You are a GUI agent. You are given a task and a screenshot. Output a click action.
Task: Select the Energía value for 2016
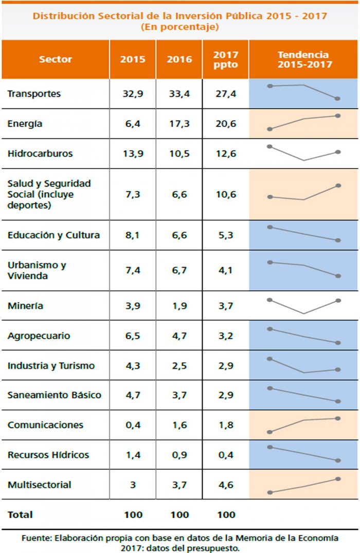pos(179,124)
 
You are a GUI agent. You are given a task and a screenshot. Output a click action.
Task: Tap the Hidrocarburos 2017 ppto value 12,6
pos(224,154)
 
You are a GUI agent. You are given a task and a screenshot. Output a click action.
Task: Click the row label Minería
pos(26,306)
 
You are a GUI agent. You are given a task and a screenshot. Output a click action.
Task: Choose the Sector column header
pos(56,60)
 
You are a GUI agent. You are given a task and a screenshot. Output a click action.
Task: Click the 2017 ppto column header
pos(225,60)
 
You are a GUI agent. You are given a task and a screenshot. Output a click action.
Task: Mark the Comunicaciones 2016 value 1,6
pos(179,425)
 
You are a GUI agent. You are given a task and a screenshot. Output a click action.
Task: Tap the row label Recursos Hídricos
pos(48,455)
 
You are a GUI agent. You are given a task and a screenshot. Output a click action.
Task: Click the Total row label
pos(20,514)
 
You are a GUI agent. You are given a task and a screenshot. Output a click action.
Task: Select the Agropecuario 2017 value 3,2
pos(224,336)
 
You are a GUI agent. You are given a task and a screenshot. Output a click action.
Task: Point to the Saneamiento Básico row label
pos(55,395)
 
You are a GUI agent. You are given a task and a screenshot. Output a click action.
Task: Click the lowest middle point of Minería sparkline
pos(304,314)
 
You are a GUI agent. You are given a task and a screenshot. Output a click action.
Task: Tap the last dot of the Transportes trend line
pos(338,99)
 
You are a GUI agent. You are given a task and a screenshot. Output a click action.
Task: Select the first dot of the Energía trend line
pos(269,129)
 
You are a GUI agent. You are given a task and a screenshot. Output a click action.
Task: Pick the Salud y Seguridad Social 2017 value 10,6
pos(224,194)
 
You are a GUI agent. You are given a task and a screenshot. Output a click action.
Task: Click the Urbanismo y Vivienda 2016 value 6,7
pos(179,271)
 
